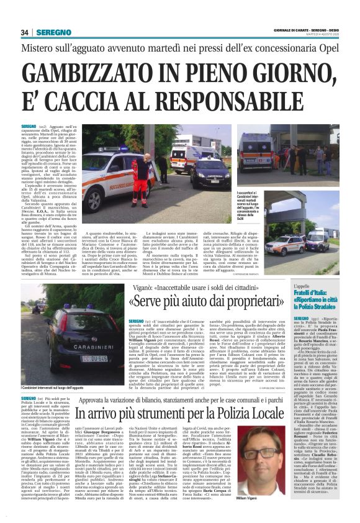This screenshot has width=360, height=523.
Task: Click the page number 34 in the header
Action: coord(25,32)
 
